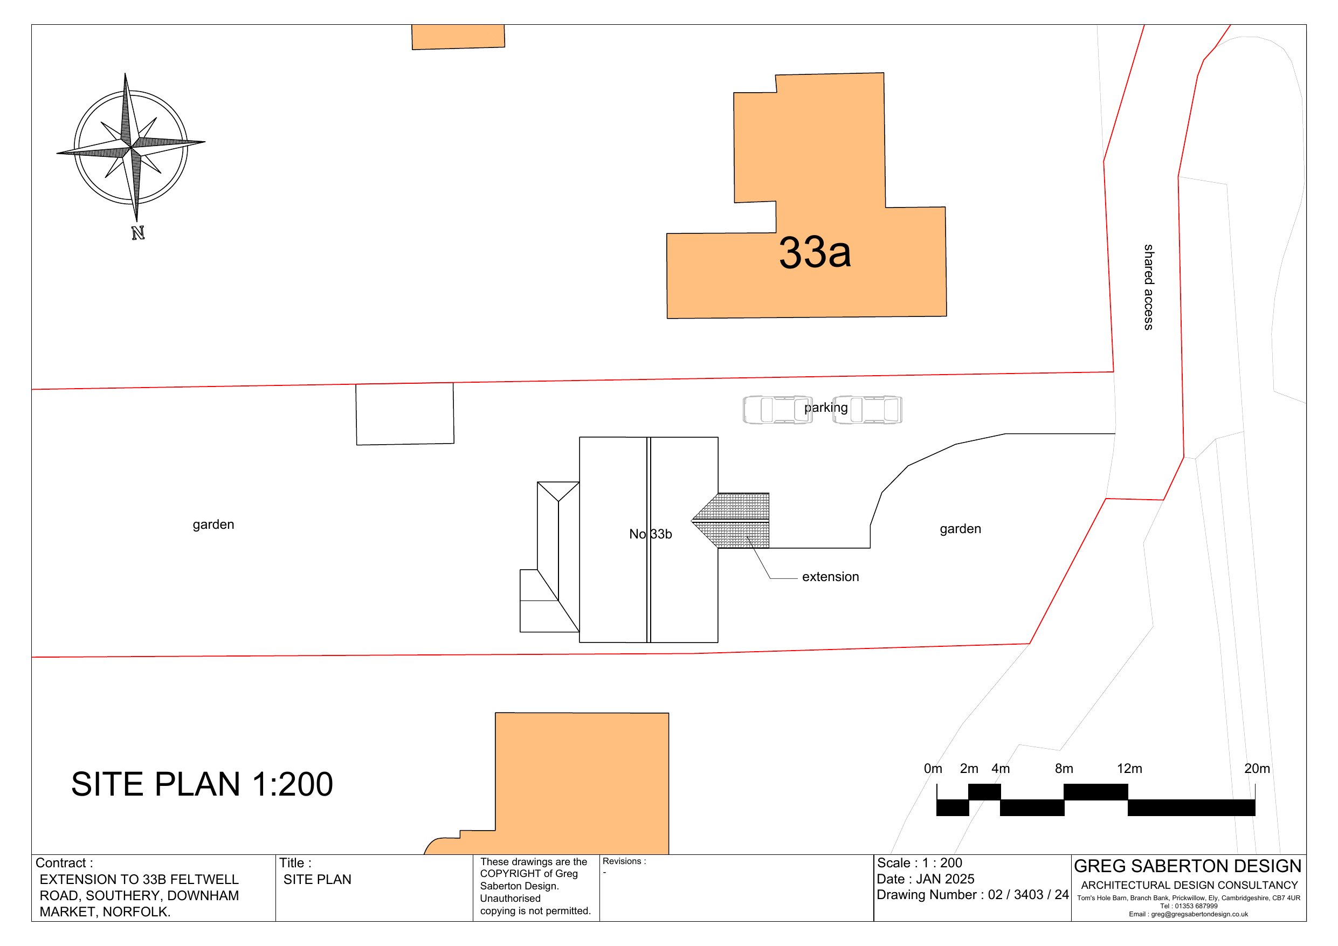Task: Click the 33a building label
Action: [814, 253]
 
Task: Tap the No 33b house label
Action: [650, 534]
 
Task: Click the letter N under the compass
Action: [137, 233]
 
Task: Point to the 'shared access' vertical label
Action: [1148, 287]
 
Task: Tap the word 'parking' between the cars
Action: [826, 408]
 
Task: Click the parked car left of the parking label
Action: [777, 410]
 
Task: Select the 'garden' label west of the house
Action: [213, 524]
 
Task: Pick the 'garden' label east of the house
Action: [960, 529]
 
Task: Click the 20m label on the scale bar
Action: [1257, 768]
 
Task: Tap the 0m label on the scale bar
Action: [933, 768]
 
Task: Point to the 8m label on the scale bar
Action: [1064, 768]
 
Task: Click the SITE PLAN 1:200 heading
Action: [202, 784]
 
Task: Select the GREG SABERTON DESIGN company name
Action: [1187, 866]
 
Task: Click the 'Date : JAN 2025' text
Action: [926, 879]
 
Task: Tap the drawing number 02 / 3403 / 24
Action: [1028, 895]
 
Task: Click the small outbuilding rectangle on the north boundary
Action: [405, 414]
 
